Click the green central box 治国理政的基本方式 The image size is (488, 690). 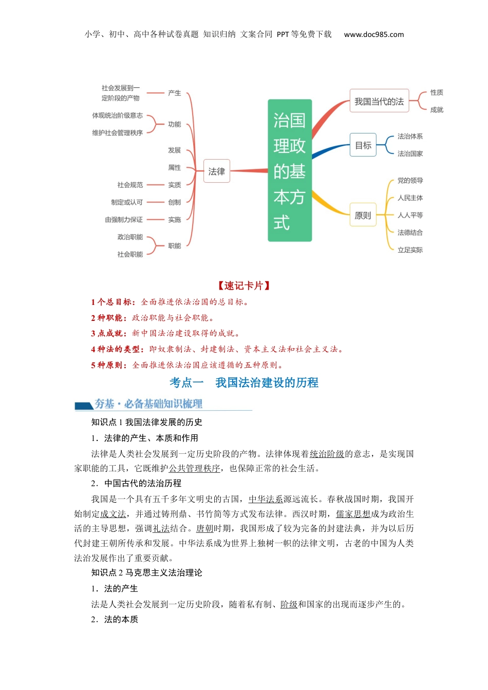point(290,170)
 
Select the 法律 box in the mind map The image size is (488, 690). point(216,171)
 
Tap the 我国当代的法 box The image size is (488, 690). point(379,102)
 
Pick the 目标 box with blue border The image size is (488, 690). point(363,145)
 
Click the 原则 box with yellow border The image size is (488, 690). point(363,215)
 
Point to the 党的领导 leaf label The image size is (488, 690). point(410,181)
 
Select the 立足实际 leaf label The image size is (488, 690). point(410,250)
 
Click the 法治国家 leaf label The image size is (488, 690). point(410,154)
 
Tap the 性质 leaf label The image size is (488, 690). point(437,92)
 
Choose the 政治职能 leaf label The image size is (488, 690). point(130,237)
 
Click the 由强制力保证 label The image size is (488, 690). point(124,220)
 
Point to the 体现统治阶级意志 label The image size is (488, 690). point(117,116)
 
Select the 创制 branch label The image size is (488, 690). point(174,202)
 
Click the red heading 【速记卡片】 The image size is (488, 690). point(244,286)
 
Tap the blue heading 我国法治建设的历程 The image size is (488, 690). point(267,382)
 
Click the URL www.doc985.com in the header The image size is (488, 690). point(373,34)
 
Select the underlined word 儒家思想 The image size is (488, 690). point(353,514)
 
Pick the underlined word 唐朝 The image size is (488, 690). point(204,528)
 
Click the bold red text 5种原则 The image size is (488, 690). point(109,365)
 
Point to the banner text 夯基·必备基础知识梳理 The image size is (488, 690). point(148,404)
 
